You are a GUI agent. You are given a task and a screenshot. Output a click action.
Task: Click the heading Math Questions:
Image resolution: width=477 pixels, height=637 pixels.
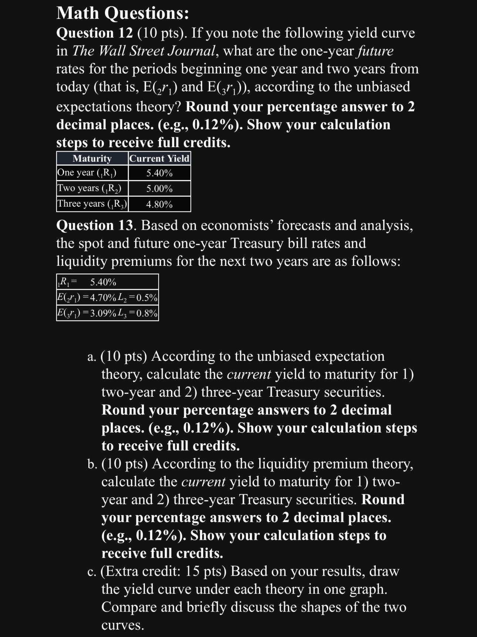[122, 14]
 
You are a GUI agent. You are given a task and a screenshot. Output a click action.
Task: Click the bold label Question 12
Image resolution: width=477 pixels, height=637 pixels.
[94, 33]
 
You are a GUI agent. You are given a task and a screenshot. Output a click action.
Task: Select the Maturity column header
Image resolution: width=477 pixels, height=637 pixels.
[92, 159]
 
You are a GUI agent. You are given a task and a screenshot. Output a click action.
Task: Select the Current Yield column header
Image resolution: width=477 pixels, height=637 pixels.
[159, 159]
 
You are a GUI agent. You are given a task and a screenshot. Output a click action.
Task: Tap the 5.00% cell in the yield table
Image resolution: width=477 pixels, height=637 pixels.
[159, 189]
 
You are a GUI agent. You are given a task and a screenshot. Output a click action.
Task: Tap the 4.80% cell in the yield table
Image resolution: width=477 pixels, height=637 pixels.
[159, 204]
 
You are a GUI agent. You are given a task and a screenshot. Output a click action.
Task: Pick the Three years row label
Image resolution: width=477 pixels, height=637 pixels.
[92, 204]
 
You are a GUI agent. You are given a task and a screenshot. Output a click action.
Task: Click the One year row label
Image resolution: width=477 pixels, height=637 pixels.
[87, 173]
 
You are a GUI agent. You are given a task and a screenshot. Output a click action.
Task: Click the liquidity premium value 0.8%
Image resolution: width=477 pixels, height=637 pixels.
[147, 314]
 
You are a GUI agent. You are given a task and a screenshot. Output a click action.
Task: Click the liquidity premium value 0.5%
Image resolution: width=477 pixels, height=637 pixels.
[147, 298]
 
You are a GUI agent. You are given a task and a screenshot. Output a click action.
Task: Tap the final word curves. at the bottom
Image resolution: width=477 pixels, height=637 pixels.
[122, 625]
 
